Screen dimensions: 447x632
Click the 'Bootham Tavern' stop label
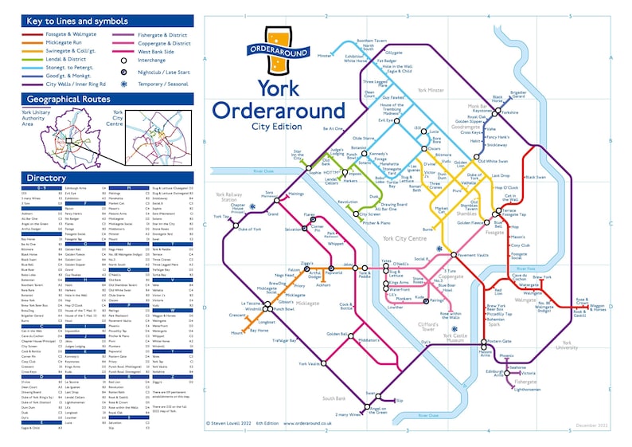click(369, 40)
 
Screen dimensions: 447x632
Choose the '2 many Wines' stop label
click(348, 414)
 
